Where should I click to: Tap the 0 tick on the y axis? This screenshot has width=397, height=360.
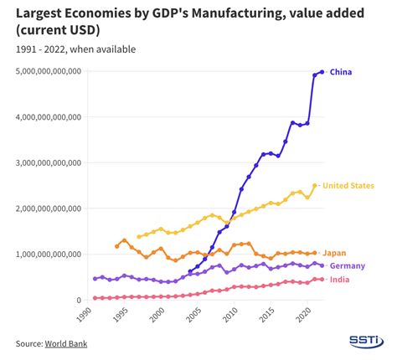pos(78,300)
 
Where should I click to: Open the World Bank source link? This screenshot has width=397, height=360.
pos(67,343)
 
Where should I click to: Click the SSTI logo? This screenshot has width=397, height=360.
pos(366,341)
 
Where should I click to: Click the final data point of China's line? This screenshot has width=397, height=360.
pos(322,72)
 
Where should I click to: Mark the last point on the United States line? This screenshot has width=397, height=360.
pos(315,186)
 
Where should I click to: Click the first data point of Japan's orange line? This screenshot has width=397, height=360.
pos(116,246)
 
